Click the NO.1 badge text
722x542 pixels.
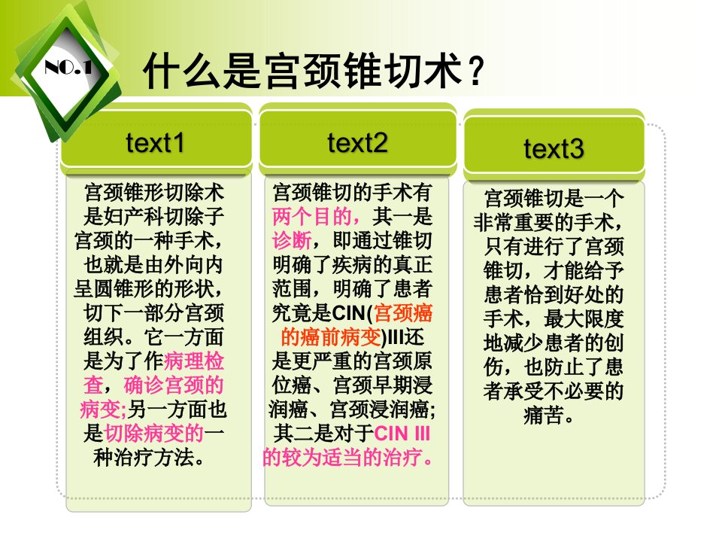pyautogui.click(x=68, y=69)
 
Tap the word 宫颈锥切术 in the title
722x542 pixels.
pyautogui.click(x=363, y=71)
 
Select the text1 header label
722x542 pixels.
pyautogui.click(x=155, y=142)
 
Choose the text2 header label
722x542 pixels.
pyautogui.click(x=357, y=142)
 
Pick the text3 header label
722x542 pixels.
pyautogui.click(x=554, y=148)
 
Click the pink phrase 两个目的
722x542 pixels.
pyautogui.click(x=311, y=217)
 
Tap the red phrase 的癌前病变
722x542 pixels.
pyautogui.click(x=331, y=337)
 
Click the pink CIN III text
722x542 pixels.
pyautogui.click(x=402, y=434)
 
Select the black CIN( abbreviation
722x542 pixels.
pyautogui.click(x=352, y=313)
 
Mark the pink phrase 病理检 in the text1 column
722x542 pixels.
pyautogui.click(x=194, y=361)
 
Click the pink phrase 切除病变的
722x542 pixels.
pyautogui.click(x=153, y=434)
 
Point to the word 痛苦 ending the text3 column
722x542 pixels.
pyautogui.click(x=543, y=415)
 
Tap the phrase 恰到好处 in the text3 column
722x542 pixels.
pyautogui.click(x=563, y=294)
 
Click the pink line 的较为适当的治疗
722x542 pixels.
pyautogui.click(x=348, y=457)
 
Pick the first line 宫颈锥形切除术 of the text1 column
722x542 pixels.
pyautogui.click(x=153, y=193)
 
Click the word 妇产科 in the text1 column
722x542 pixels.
pyautogui.click(x=134, y=217)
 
